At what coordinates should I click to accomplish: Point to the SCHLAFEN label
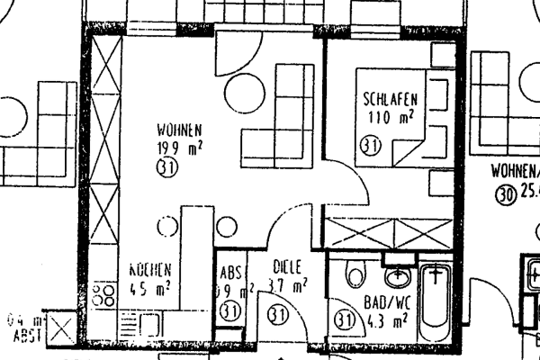click(x=388, y=98)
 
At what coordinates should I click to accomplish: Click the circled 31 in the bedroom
click(x=371, y=143)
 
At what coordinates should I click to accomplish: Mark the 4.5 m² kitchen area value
click(x=149, y=288)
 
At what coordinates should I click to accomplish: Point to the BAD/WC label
click(x=388, y=303)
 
